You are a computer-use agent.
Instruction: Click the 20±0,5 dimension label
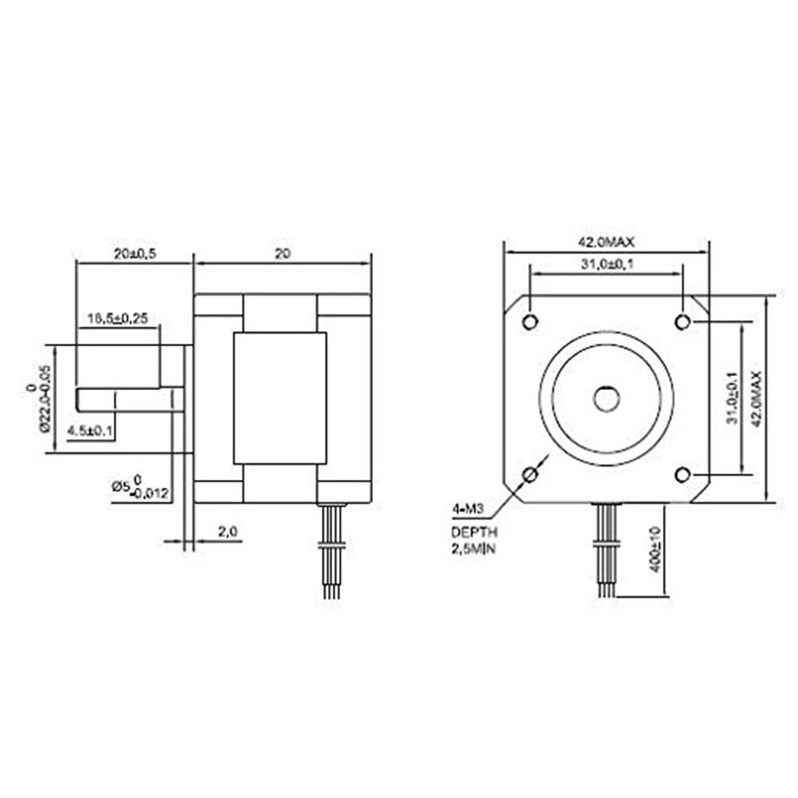point(135,254)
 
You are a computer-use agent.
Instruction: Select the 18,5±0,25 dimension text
point(118,318)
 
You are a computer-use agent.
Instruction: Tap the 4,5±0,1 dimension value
point(91,431)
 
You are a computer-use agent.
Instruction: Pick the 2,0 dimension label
point(226,533)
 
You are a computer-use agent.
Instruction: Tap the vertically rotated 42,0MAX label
point(757,399)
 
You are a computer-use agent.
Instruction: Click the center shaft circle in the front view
point(606,398)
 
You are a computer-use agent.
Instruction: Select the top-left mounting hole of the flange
point(530,321)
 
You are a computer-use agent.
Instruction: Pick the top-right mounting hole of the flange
point(683,321)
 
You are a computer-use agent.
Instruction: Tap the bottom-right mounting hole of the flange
point(683,474)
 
